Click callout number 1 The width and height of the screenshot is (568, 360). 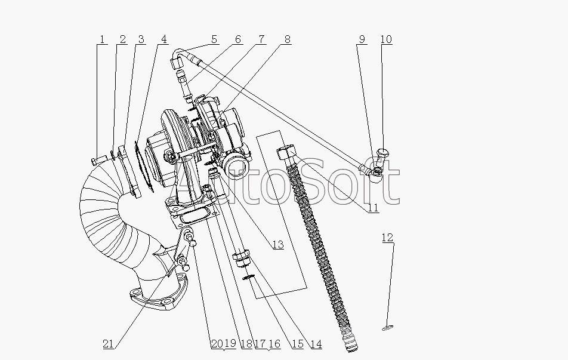(102, 39)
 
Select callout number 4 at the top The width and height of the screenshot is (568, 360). (163, 39)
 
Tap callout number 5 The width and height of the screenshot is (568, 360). (214, 39)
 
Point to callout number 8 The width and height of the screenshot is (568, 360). (287, 39)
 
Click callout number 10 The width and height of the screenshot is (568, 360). (386, 39)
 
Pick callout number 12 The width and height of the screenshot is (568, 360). (387, 238)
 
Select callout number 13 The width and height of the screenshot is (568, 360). (278, 245)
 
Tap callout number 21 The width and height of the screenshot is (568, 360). (109, 344)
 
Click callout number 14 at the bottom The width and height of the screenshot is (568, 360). (316, 344)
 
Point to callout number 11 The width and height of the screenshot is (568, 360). (373, 208)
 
